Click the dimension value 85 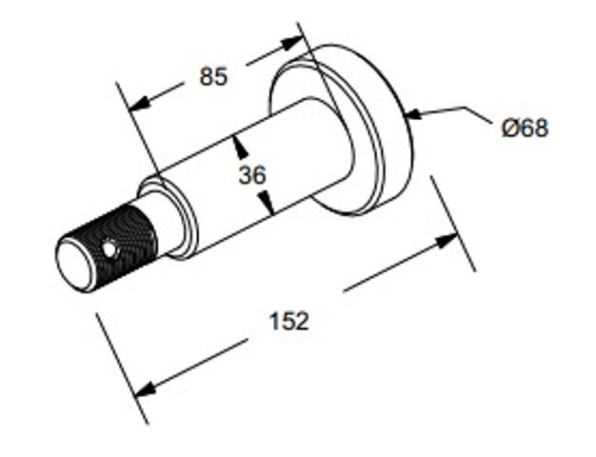click(213, 76)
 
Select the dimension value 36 click(252, 175)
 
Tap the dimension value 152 click(288, 321)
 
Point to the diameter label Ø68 click(525, 128)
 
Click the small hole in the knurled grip click(109, 249)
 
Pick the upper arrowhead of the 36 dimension click(240, 147)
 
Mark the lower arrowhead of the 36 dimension click(267, 203)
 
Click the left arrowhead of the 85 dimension click(139, 104)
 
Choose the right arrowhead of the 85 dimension click(292, 43)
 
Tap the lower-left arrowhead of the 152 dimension click(146, 389)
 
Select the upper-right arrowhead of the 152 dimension click(447, 242)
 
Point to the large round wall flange click(342, 129)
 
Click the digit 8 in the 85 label click(207, 76)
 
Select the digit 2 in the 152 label click(302, 321)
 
